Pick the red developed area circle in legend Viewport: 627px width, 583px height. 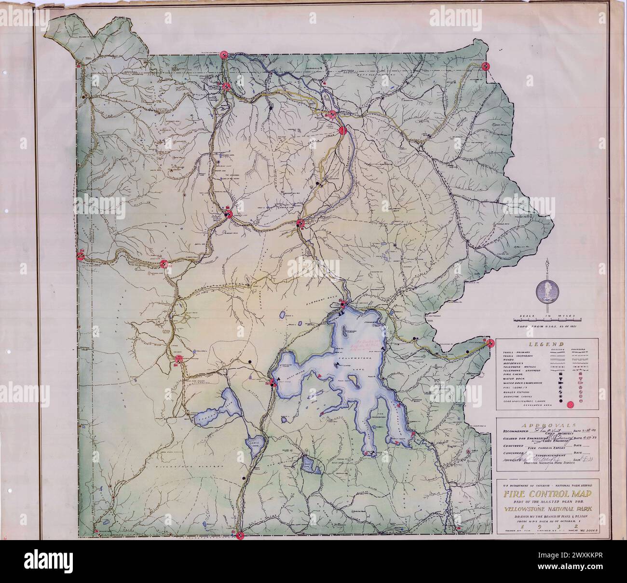pyautogui.click(x=571, y=405)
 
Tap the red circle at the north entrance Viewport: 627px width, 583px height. pyautogui.click(x=223, y=55)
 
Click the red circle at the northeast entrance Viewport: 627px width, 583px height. pyautogui.click(x=486, y=66)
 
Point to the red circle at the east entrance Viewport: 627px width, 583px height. pyautogui.click(x=491, y=343)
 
